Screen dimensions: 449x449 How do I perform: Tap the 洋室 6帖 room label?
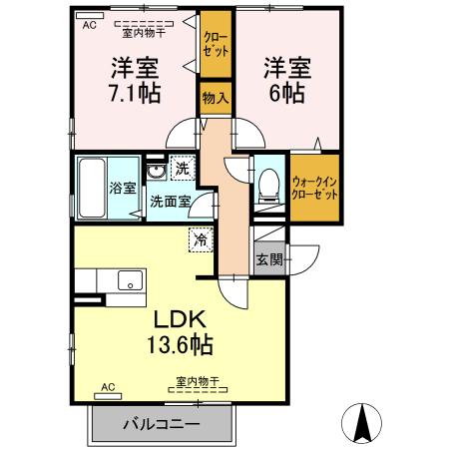[287, 79]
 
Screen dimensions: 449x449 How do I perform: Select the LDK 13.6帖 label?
[179, 332]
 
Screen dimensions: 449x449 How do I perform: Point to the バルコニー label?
[162, 423]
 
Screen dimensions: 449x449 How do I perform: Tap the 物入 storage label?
[213, 98]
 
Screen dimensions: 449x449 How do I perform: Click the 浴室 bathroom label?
[122, 187]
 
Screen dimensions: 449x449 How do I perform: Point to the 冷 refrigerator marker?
[201, 238]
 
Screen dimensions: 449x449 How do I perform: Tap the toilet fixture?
[268, 183]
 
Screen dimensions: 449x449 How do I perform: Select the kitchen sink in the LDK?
[129, 280]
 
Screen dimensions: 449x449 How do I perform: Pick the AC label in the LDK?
[109, 385]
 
